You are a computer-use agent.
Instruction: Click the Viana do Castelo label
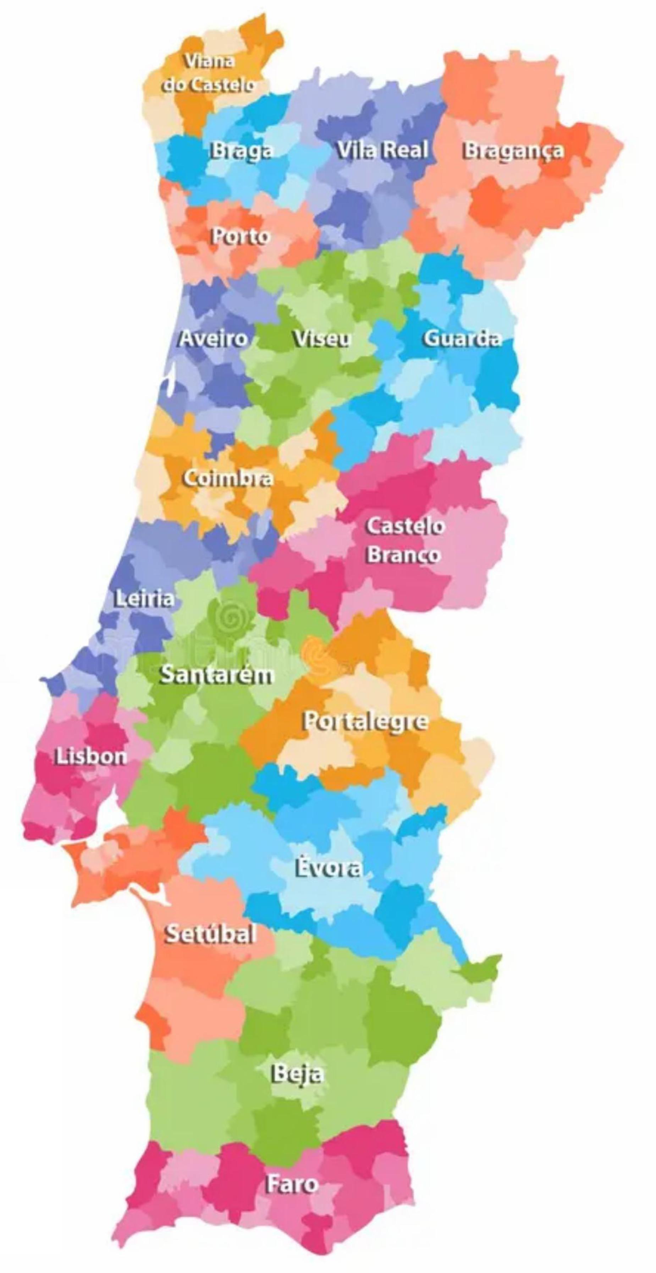point(209,73)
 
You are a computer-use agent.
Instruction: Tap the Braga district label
point(242,151)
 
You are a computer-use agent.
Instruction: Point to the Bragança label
point(513,150)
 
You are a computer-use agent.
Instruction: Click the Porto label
point(241,236)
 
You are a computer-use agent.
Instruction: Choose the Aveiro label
point(213,339)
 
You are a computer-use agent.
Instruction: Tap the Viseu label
point(322,339)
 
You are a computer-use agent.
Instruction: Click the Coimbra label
point(228,478)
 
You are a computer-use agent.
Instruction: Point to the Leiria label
point(144,599)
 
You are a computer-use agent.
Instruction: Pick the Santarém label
point(216,675)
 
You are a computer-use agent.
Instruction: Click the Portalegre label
point(365,721)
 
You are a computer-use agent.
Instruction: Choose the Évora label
point(328,868)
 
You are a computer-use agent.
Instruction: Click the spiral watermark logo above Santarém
point(228,617)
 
